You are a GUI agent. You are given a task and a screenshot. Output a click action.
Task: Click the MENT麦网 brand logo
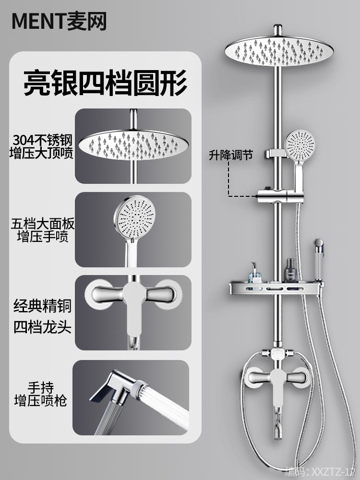tap(59, 22)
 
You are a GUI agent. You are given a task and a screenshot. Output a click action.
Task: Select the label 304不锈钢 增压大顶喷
tap(43, 147)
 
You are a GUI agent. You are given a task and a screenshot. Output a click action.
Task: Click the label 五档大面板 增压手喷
tap(43, 230)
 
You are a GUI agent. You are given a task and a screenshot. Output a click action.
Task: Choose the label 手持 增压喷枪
tap(41, 393)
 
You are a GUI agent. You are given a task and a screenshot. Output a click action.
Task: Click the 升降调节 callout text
tap(230, 155)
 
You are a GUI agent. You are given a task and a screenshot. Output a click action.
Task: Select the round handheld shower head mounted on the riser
tap(300, 144)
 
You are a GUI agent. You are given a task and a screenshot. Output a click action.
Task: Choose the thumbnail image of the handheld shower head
tap(132, 229)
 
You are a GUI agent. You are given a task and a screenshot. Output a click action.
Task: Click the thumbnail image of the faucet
tap(132, 313)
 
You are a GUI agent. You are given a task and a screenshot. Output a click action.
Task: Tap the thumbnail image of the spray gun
tap(131, 398)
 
